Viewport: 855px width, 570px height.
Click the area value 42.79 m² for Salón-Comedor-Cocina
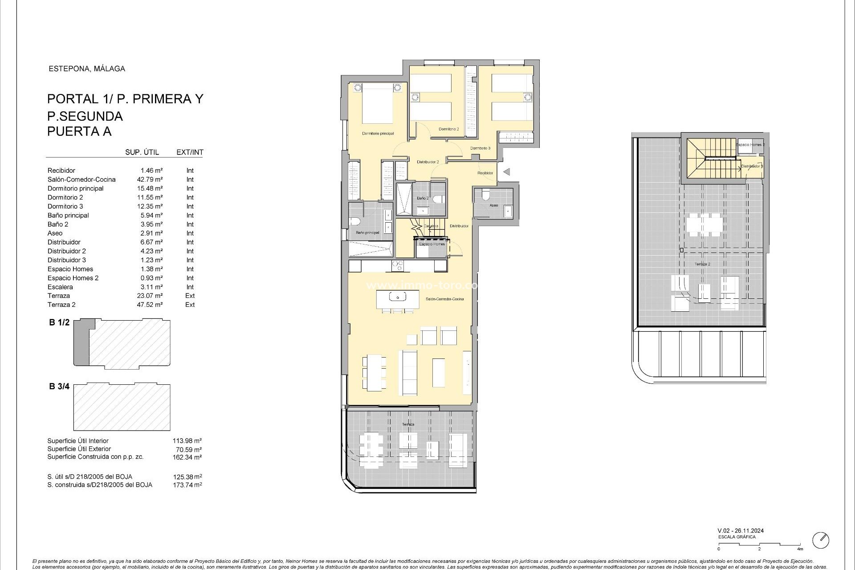150,179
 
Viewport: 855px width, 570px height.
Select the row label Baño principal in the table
68,216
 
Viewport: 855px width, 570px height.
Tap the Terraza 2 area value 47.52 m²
150,305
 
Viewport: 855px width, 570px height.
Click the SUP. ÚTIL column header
142,152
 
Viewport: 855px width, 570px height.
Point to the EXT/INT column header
190,152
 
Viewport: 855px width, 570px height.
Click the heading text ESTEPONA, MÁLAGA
86,69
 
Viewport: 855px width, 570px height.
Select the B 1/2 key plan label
59,322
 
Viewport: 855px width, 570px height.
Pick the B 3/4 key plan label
59,387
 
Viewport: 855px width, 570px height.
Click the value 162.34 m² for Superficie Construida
187,457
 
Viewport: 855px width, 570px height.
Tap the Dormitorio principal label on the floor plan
378,134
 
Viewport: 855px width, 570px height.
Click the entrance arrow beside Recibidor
506,172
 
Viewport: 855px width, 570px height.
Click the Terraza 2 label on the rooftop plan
702,264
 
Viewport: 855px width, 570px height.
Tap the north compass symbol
820,540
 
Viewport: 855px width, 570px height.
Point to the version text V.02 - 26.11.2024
741,531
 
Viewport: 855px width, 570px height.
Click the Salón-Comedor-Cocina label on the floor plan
444,299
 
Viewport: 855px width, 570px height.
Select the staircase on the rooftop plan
711,156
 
